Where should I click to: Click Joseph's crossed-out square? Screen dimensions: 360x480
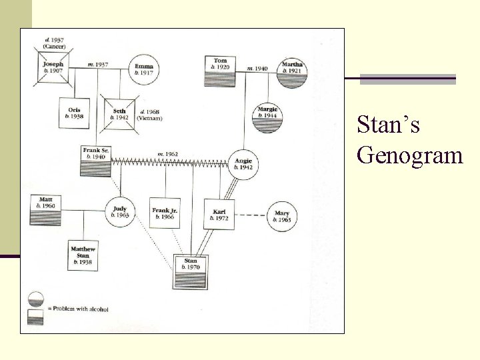(53, 68)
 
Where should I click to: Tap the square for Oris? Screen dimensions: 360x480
(75, 113)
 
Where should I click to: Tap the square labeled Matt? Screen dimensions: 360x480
(46, 209)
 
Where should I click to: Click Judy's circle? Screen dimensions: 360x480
(121, 212)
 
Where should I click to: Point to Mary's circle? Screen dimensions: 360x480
(281, 217)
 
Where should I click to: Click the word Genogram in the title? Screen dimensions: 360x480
(409, 155)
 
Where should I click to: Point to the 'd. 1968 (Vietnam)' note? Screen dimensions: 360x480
(149, 115)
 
